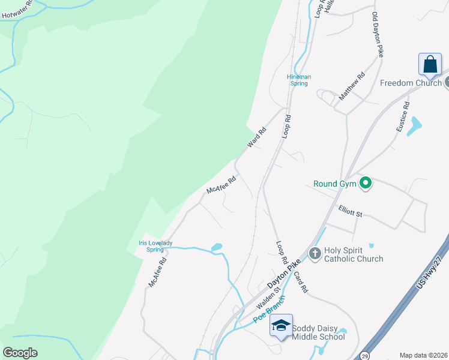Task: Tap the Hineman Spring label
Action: [x=298, y=80]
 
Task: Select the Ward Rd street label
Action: [x=256, y=137]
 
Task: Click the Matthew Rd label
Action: [x=352, y=86]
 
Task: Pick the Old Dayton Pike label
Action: [x=378, y=34]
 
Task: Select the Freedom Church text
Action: [x=410, y=83]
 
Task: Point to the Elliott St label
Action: [x=351, y=212]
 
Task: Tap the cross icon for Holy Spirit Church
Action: [x=315, y=254]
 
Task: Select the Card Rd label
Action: [x=301, y=281]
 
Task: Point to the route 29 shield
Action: [x=364, y=356]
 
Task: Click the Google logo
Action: [x=20, y=352]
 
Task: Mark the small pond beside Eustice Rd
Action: [x=414, y=126]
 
